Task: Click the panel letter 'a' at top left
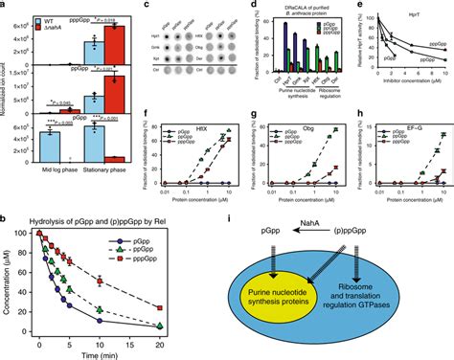point(5,6)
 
